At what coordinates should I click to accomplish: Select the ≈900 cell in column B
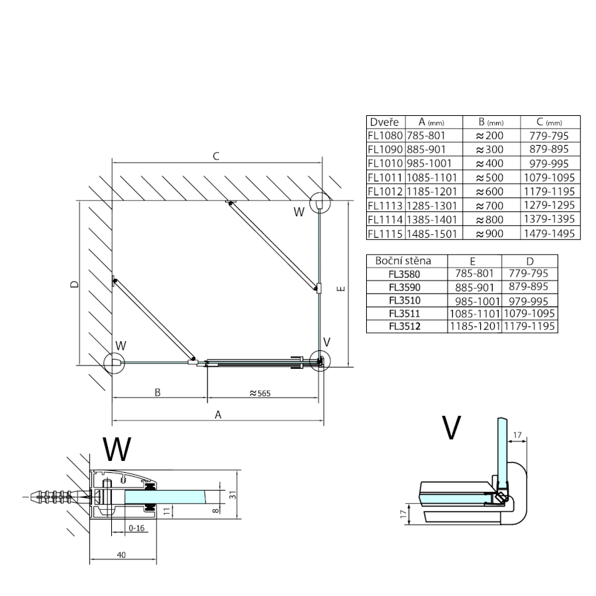(489, 234)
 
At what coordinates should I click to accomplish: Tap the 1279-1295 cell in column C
(550, 206)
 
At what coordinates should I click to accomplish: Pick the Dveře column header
(384, 123)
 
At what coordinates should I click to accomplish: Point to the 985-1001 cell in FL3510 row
(475, 299)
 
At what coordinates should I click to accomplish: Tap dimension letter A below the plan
(217, 415)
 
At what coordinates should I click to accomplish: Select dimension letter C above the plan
(215, 156)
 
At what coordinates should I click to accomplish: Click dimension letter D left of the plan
(74, 284)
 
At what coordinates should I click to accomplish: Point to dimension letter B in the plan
(158, 392)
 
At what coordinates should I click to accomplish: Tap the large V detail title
(452, 428)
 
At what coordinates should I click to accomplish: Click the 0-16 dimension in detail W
(136, 528)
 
